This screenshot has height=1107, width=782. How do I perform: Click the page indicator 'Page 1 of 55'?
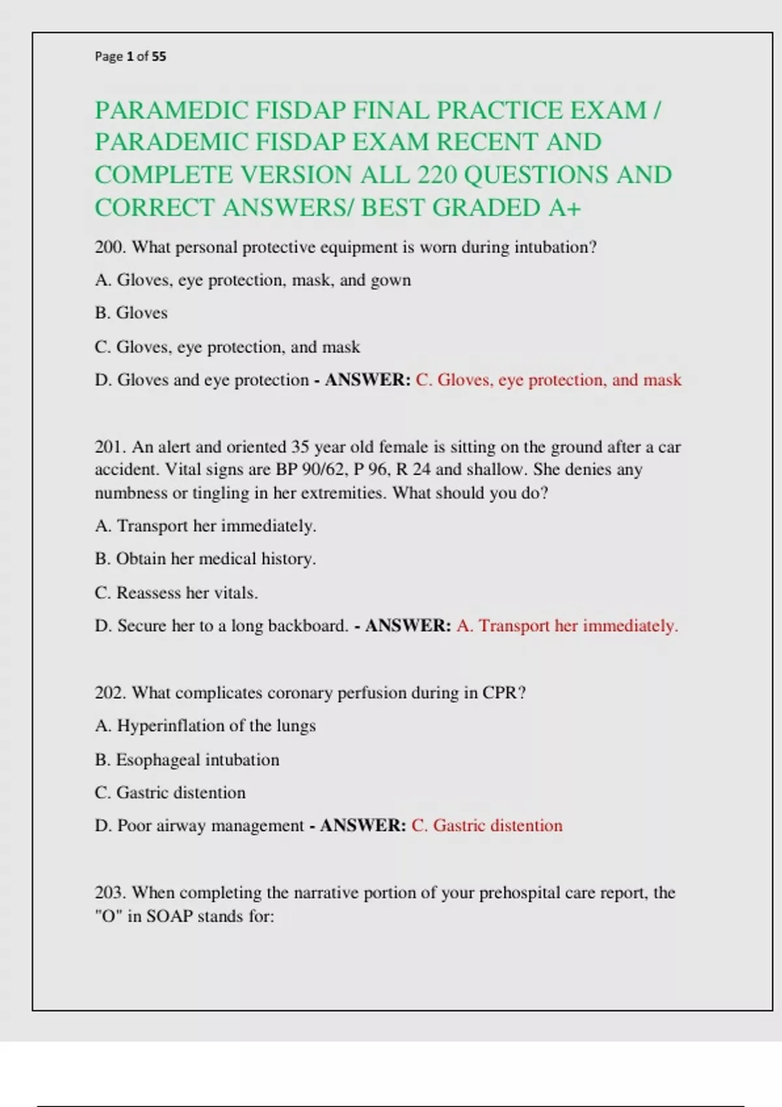[x=130, y=57]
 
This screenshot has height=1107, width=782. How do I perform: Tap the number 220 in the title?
[x=437, y=175]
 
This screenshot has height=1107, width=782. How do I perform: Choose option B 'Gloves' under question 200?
[x=131, y=313]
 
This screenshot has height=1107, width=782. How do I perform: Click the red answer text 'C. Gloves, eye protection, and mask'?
[x=548, y=380]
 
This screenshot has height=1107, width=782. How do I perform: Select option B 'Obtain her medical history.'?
[x=205, y=559]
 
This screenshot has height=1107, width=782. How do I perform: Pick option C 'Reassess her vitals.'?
[x=176, y=593]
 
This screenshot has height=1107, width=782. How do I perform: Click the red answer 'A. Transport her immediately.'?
[x=567, y=626]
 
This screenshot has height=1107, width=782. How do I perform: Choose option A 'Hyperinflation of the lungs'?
[x=205, y=725]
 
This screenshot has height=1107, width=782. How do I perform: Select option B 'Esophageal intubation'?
[x=187, y=759]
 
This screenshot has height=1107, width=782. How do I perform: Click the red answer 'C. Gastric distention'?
[x=487, y=826]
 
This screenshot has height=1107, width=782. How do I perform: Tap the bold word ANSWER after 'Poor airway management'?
[x=363, y=826]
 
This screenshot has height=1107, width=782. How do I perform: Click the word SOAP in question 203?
[x=169, y=916]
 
